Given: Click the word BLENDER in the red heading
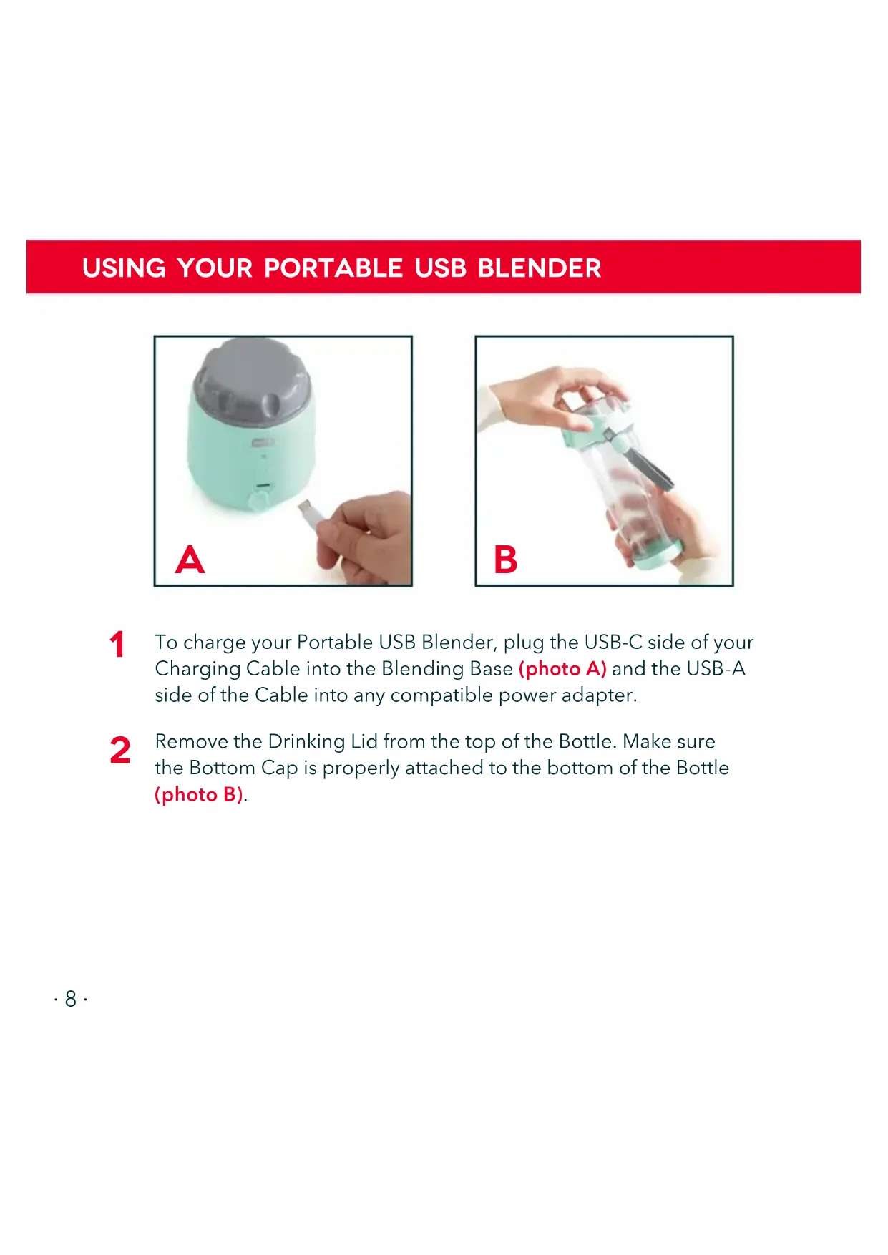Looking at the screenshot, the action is click(540, 268).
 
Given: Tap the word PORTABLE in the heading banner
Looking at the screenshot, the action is click(333, 268).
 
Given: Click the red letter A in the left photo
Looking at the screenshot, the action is click(190, 560).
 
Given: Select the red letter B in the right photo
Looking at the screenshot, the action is click(506, 560).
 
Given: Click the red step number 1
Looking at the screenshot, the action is click(117, 644).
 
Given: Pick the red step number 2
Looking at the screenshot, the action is click(120, 750).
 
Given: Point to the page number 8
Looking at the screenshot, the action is click(71, 998).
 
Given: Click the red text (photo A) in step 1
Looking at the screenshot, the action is click(562, 669).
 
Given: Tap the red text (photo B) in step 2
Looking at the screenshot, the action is click(199, 795).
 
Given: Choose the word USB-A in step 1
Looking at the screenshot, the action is click(716, 668).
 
